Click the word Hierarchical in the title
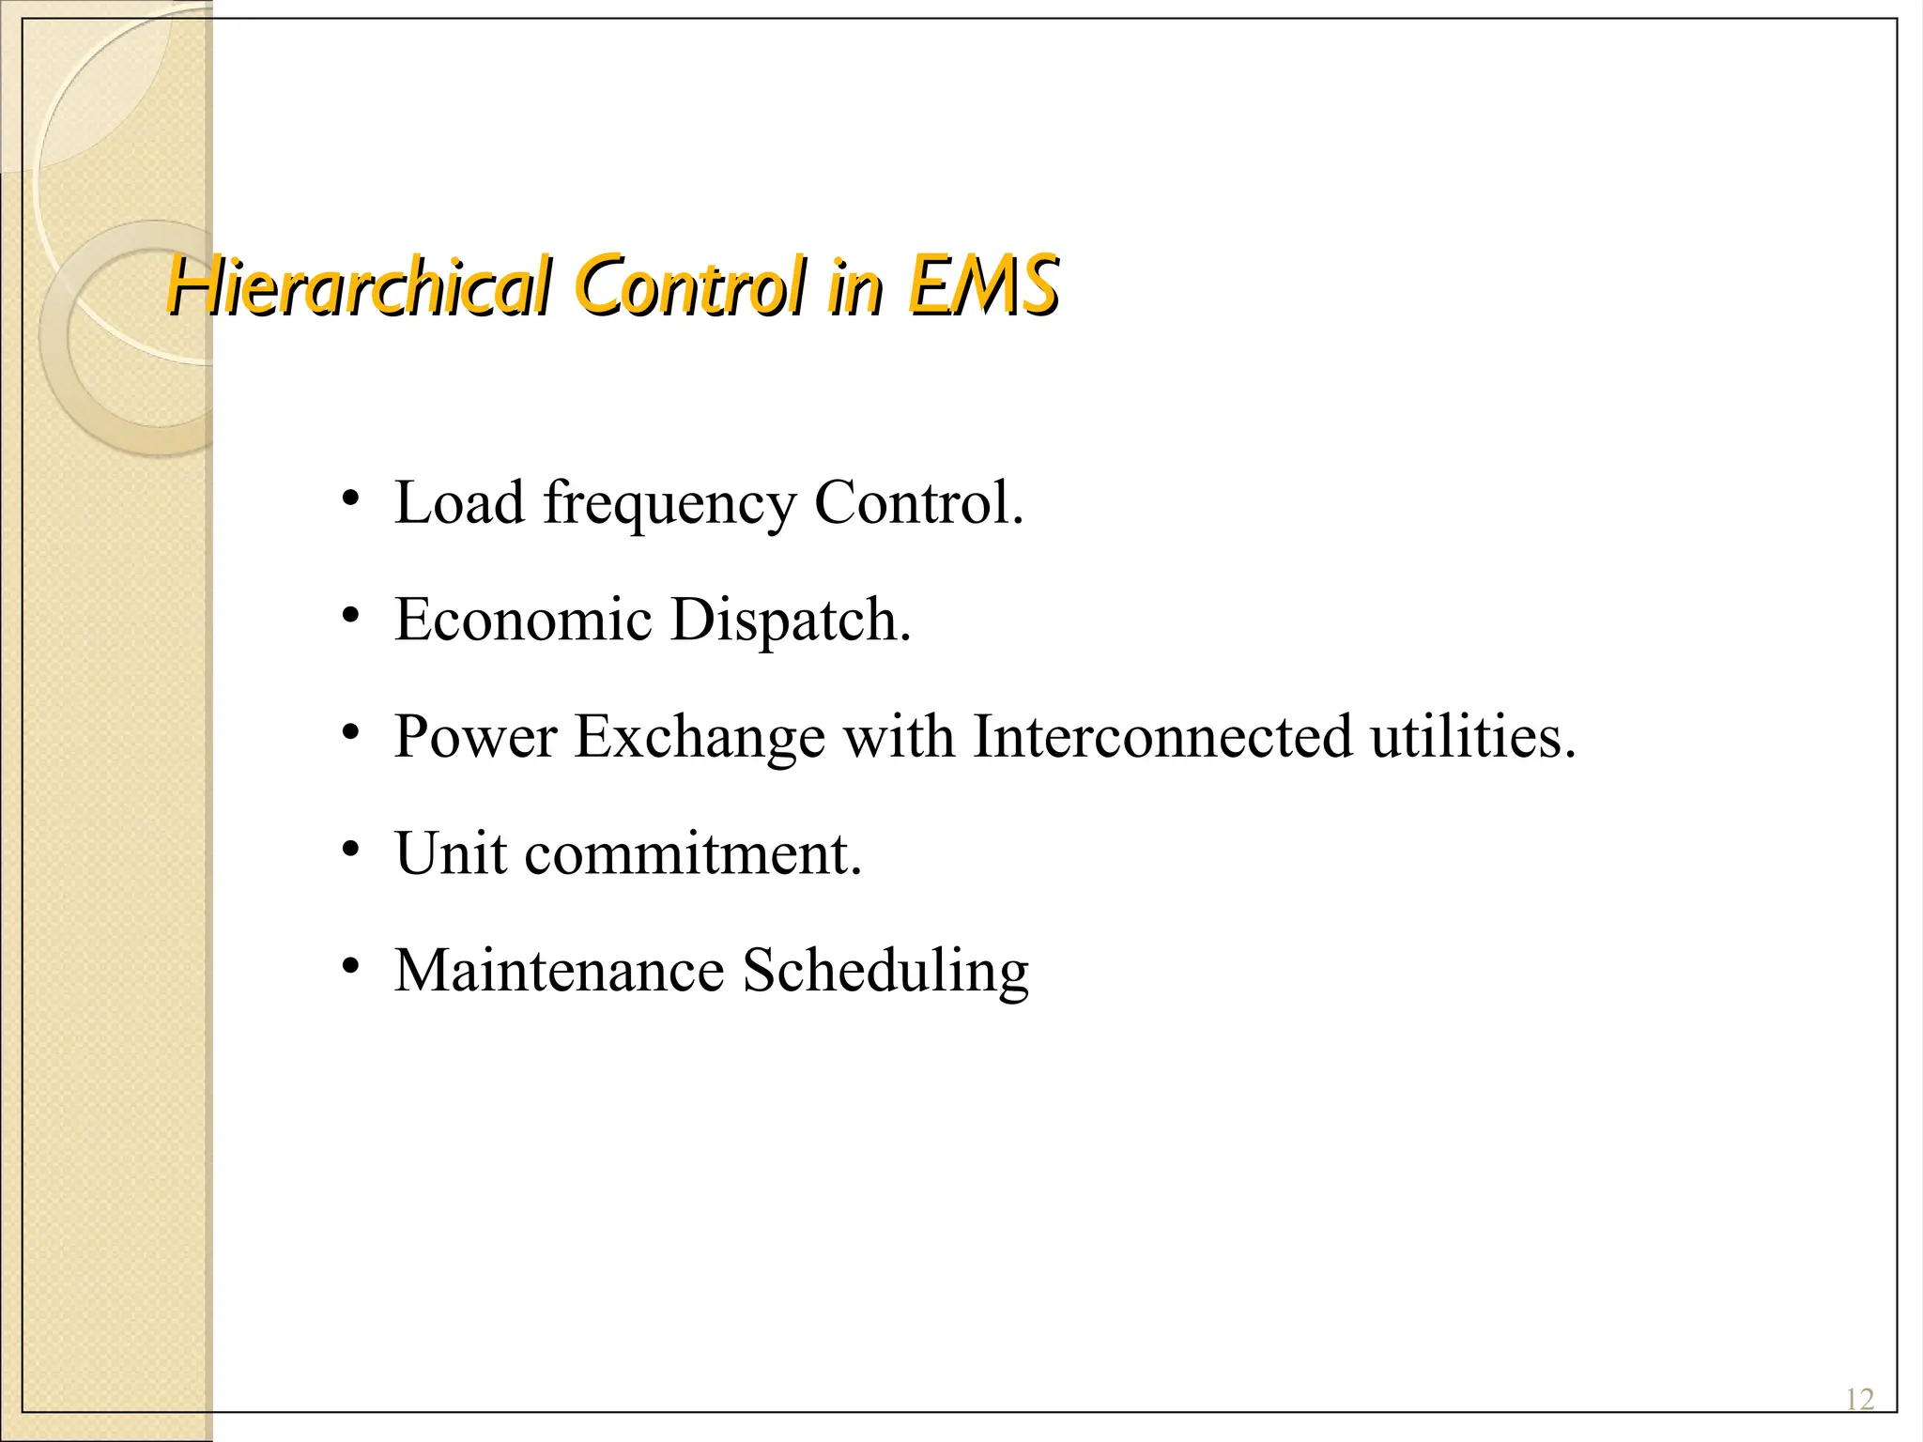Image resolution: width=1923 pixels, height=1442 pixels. coord(358,286)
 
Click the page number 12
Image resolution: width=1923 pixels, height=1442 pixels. coord(1859,1400)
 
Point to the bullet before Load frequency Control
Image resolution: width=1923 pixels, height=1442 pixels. coord(350,499)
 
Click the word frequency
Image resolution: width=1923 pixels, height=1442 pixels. coord(669,504)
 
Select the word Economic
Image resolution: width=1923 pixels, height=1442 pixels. coord(523,620)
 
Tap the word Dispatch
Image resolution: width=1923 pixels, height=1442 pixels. coord(791,621)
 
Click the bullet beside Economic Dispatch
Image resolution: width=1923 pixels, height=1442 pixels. coord(350,616)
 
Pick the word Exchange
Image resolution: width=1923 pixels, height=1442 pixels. coord(700,737)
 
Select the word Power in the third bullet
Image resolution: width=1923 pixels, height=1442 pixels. coord(476,737)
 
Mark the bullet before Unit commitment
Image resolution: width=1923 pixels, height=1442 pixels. coord(350,850)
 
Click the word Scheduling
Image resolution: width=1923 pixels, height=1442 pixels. coord(885,973)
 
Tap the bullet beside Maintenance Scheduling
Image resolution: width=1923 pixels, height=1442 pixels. coord(350,966)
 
